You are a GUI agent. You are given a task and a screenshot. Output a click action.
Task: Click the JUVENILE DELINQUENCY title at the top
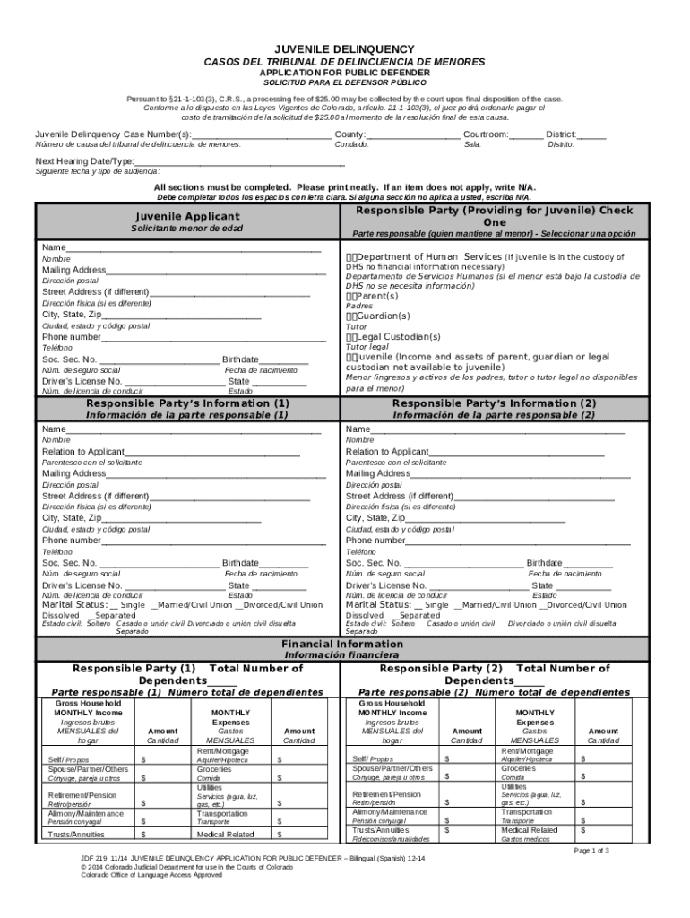click(344, 48)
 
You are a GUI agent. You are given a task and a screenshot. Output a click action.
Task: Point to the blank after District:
click(592, 135)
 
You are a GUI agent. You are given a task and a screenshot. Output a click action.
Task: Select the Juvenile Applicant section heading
click(187, 217)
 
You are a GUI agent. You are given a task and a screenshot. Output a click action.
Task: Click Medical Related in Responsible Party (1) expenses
click(225, 834)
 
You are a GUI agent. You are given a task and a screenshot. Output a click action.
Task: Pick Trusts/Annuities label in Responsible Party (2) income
click(380, 829)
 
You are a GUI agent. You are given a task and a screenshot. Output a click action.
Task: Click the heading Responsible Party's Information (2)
click(494, 403)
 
